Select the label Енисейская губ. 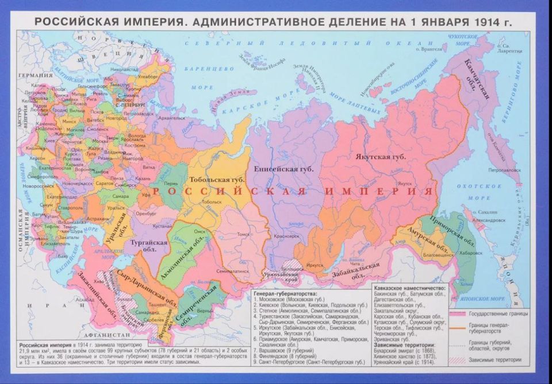tap(283, 169)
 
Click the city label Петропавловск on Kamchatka tap(488, 170)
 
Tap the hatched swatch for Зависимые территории tap(458, 360)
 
